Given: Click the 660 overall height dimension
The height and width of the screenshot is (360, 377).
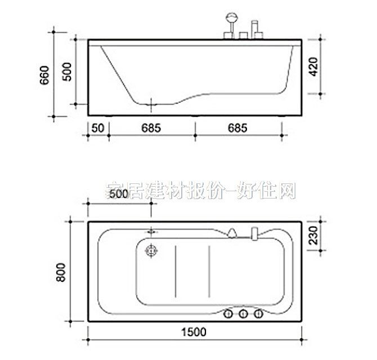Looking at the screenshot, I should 46,75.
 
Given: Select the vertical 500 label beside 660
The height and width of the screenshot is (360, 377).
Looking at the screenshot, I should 68,73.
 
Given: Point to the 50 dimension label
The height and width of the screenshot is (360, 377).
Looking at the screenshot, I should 98,128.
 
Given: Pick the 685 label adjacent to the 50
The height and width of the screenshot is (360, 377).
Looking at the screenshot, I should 151,128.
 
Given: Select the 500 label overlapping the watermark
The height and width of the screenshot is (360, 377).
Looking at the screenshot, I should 119,194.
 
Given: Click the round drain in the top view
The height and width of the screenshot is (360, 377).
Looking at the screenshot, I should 151,251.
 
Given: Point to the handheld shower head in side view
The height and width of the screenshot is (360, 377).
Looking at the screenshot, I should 230,18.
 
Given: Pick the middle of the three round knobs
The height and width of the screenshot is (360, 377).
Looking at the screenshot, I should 244,314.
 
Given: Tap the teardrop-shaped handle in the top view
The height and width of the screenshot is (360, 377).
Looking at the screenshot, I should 232,231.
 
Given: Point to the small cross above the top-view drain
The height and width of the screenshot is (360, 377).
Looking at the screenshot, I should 151,231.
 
